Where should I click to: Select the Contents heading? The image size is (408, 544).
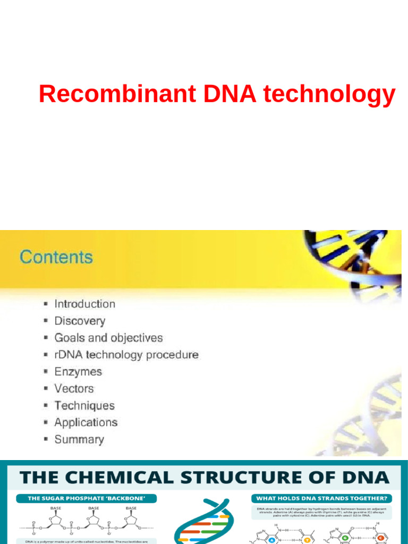pos(56,258)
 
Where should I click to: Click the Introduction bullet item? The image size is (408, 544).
pos(85,304)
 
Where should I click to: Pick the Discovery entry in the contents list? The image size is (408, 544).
pos(80,321)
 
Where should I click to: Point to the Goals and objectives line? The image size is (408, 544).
pos(108,338)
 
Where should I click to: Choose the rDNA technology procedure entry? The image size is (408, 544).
pos(126,355)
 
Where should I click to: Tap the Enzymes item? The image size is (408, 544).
pos(78,372)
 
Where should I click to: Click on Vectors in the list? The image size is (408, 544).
pos(74,389)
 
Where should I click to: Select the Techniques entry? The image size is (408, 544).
pos(84,406)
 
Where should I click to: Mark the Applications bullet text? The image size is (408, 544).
pos(86,423)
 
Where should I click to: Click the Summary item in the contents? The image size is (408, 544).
pos(79,440)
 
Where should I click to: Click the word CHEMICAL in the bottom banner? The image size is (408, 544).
pos(123,477)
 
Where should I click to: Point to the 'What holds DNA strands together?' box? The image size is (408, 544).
pos(321,498)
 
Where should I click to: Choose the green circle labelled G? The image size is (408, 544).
pos(345,538)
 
